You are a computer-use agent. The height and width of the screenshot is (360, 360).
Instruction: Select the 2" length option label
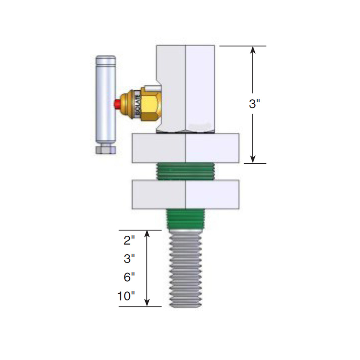coord(129,241)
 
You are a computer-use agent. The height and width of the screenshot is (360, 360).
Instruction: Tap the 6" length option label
coord(129,277)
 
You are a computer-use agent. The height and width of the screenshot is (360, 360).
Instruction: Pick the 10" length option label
coord(126,296)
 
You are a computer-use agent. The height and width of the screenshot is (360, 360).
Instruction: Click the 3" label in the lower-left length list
coord(129,259)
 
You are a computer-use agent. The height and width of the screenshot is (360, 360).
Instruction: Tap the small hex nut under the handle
coord(105,150)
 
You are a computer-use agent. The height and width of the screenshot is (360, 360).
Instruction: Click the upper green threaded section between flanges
coord(185,172)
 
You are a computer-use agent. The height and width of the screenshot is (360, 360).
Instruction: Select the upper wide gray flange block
coord(185,149)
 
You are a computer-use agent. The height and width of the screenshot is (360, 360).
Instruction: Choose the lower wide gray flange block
coord(185,195)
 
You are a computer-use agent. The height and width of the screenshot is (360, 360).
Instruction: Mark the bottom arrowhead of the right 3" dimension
coord(253,159)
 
